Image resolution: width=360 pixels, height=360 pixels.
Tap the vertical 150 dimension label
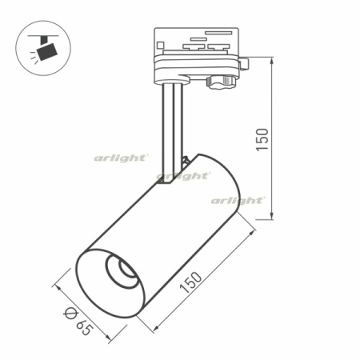pos(262,139)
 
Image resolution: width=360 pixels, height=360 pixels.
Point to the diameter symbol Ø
pos(70,308)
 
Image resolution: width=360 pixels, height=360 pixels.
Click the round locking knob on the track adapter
pos(221,80)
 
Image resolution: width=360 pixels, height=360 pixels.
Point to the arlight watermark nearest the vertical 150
pos(238,200)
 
